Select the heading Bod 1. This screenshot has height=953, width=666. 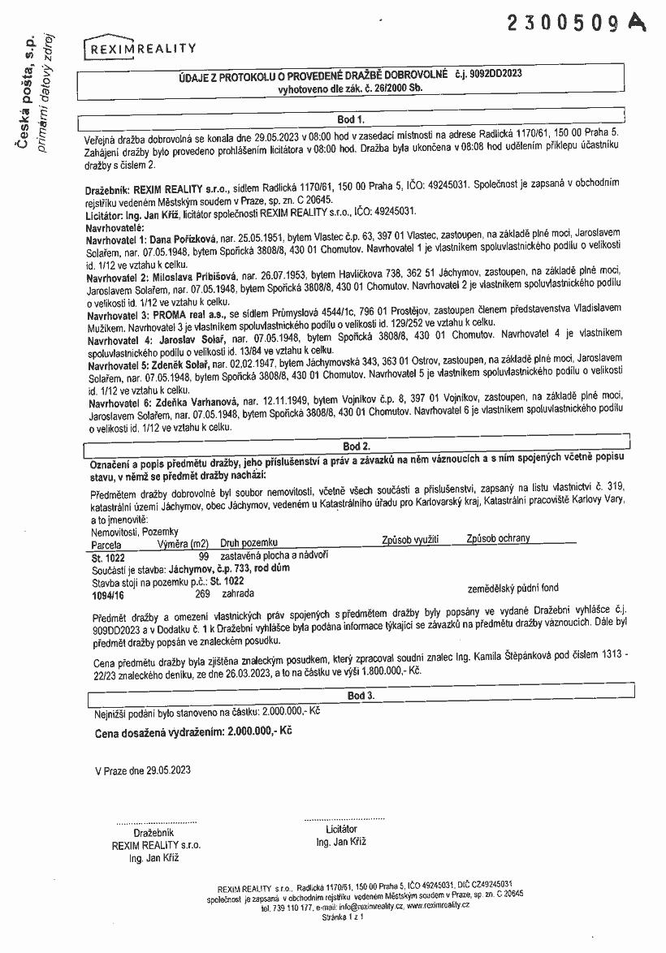(356, 120)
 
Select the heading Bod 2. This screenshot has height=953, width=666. (356, 446)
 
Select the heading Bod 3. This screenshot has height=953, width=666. (360, 696)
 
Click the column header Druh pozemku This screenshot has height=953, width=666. (249, 541)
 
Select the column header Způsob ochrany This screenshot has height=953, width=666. (498, 538)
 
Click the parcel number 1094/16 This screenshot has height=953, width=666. (108, 594)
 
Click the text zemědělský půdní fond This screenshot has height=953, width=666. (513, 588)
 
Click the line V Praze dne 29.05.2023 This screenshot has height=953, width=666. (143, 770)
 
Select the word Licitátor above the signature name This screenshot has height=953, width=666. (340, 830)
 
